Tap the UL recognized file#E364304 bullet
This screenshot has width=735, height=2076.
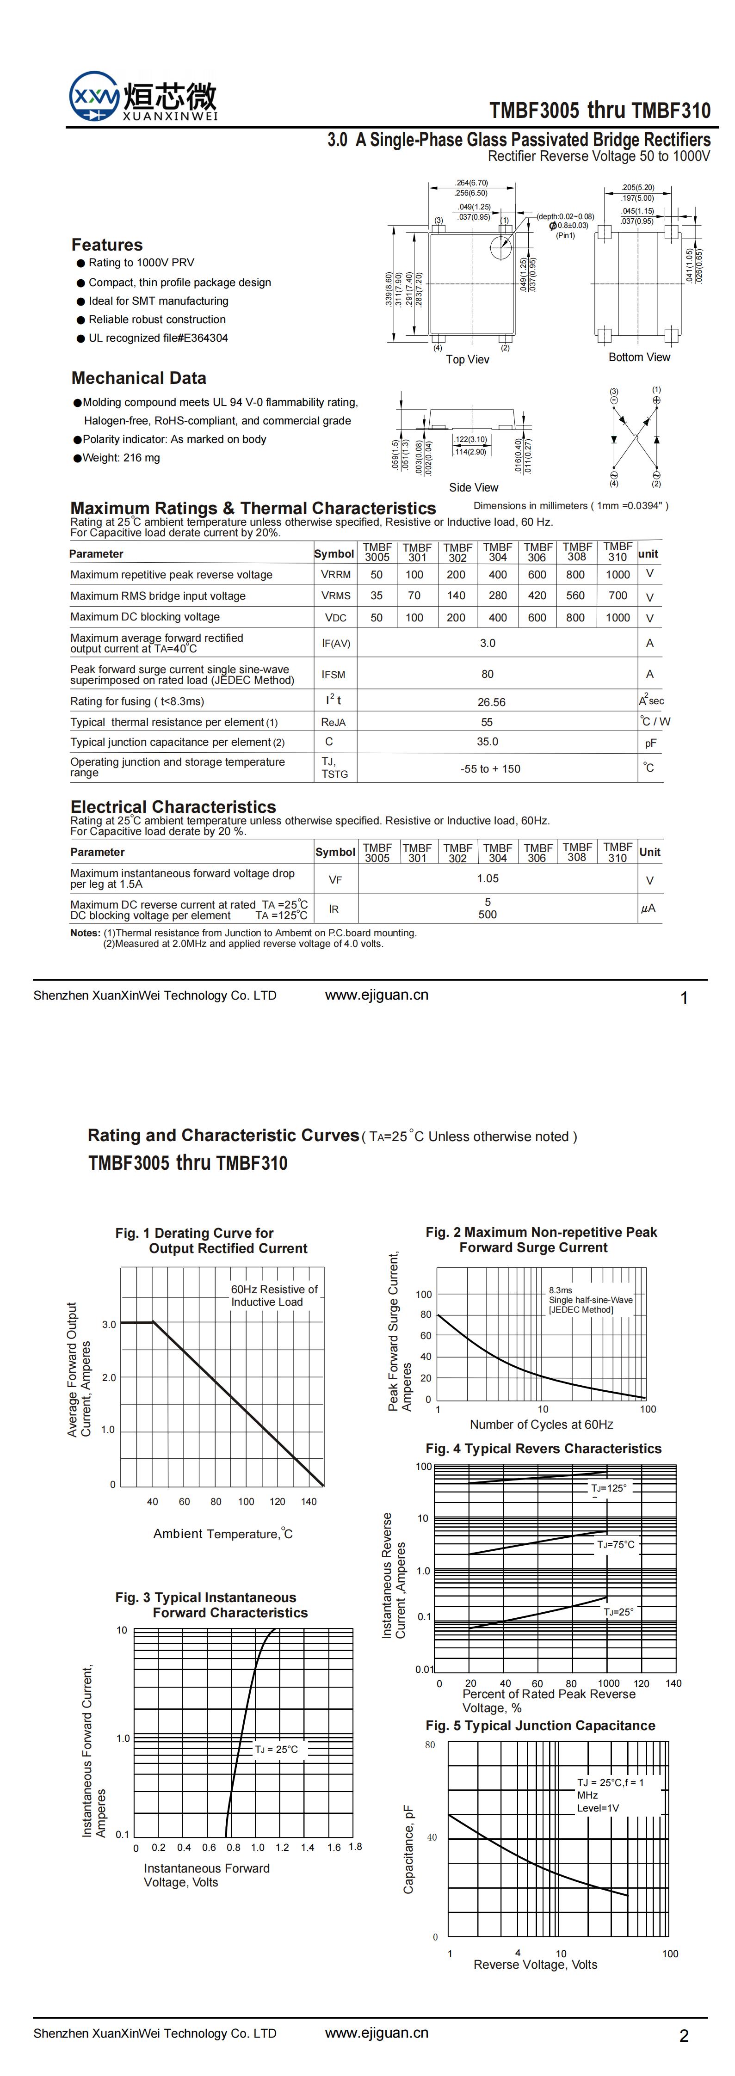click(158, 338)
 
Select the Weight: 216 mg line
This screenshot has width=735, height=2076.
click(121, 458)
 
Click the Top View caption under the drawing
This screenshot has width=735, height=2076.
click(468, 359)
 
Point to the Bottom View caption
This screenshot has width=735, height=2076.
click(639, 357)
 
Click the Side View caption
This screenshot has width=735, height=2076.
click(473, 488)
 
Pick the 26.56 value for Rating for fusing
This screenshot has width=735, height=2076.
click(492, 702)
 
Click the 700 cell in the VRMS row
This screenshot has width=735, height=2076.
click(618, 596)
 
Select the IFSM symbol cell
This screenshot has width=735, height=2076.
click(334, 675)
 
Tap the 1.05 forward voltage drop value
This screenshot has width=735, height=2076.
click(488, 878)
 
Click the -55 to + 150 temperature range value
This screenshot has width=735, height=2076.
click(490, 769)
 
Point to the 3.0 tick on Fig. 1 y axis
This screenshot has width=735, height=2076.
click(109, 1324)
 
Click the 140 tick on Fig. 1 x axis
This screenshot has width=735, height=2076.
click(309, 1501)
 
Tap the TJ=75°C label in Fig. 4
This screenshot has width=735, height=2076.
click(616, 1544)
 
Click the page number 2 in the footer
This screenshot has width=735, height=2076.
click(683, 2036)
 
